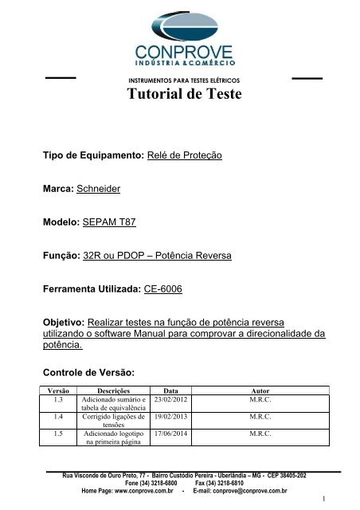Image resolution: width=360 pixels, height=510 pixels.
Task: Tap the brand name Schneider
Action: (x=106, y=191)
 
